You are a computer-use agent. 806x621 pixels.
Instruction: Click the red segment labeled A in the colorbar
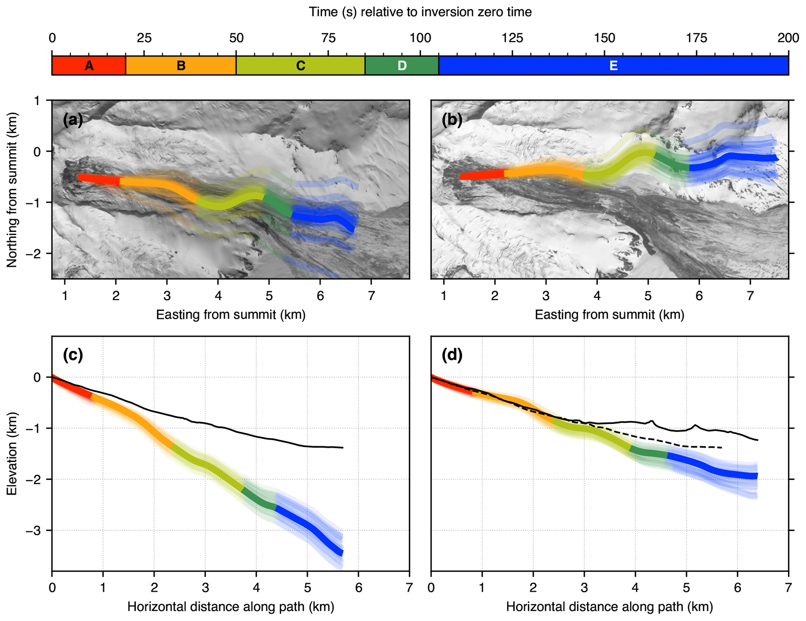[89, 65]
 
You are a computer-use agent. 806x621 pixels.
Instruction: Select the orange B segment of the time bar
[181, 65]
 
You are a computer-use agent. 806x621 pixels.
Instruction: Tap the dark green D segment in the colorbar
[402, 65]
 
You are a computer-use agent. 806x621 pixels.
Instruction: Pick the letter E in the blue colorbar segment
[613, 65]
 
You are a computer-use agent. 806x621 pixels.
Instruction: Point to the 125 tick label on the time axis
[512, 38]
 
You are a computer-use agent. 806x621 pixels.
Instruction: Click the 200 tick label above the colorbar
[788, 38]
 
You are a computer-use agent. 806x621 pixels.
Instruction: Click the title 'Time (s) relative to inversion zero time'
[420, 12]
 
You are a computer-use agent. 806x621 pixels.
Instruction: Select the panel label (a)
[73, 120]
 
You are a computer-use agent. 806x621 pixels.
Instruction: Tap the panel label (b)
[452, 120]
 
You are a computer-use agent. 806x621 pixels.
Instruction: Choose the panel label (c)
[73, 355]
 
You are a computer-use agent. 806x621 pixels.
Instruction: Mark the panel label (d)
[452, 355]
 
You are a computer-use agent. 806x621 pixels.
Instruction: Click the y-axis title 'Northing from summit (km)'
[12, 190]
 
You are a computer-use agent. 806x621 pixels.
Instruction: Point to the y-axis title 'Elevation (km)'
[12, 454]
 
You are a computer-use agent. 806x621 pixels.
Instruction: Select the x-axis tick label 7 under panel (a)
[371, 296]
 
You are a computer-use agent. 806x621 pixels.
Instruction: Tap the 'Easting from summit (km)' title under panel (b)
[609, 315]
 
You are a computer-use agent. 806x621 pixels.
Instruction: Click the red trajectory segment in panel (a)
[99, 179]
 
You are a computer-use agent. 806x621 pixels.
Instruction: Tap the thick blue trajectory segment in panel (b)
[733, 157]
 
